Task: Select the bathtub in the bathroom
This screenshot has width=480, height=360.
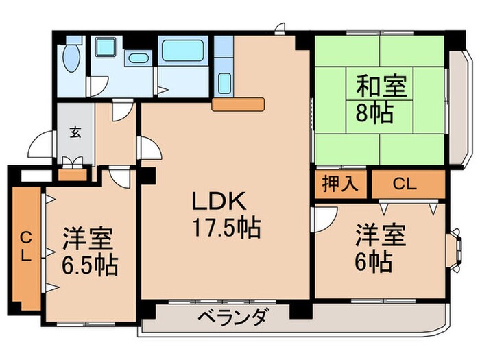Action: [185, 51]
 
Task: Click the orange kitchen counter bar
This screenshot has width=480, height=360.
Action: [238, 104]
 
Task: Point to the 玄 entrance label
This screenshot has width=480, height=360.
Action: [74, 132]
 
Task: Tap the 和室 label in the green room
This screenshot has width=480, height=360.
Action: [381, 87]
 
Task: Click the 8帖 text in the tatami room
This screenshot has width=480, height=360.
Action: [374, 112]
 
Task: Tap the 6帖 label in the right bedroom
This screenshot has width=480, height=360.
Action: [374, 261]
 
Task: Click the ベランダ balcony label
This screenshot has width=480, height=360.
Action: [234, 318]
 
